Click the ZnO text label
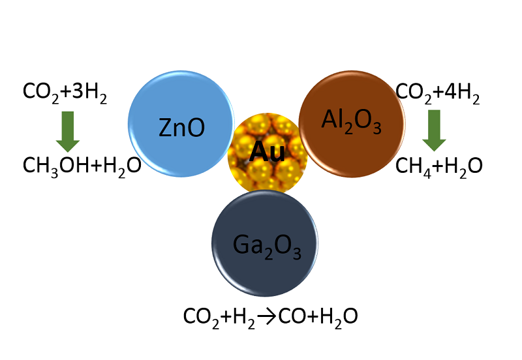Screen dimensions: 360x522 point(182,128)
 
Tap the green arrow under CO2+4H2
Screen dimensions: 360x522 point(433,130)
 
